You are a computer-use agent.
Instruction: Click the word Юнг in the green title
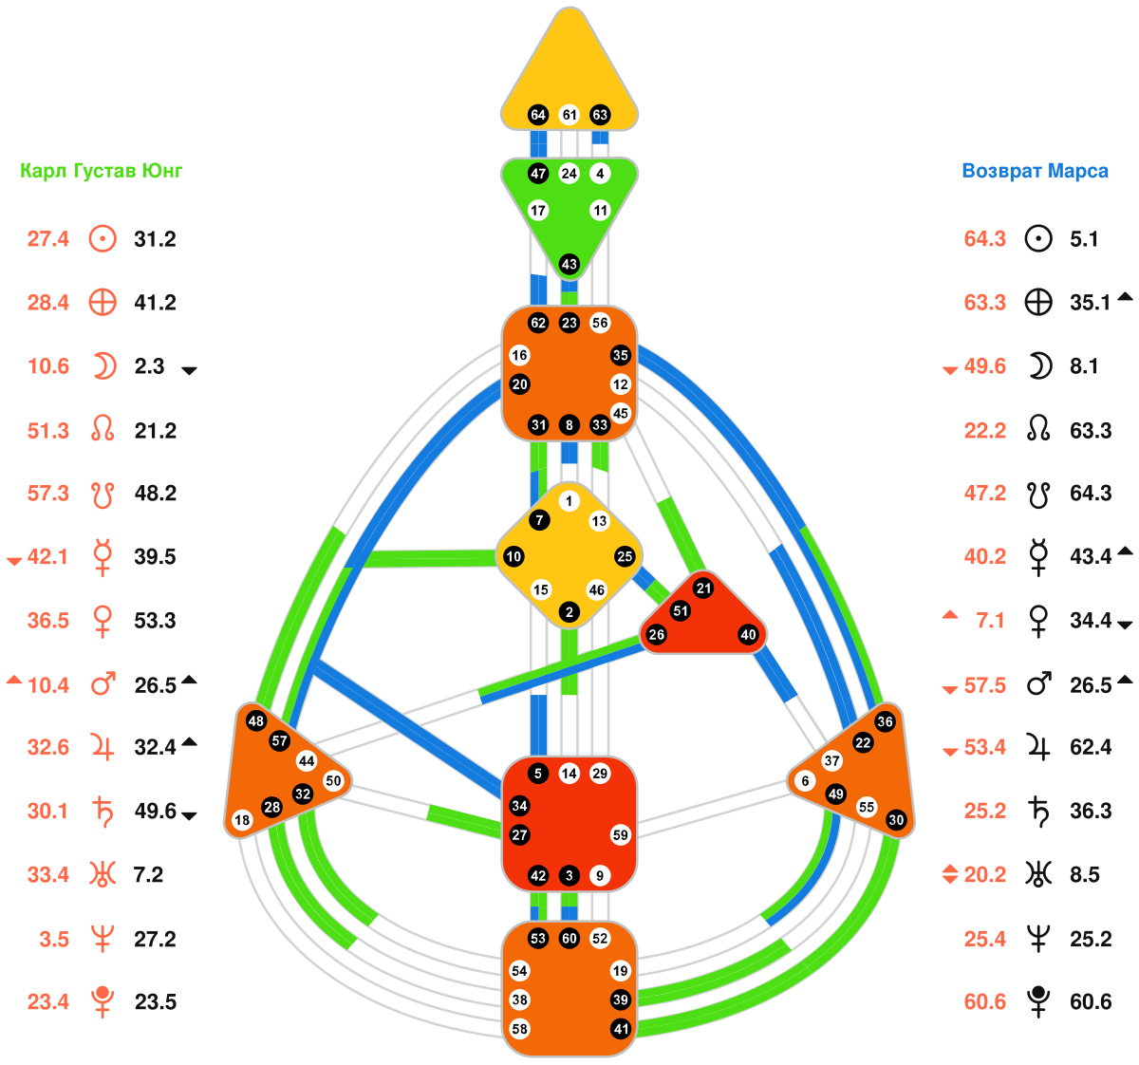pyautogui.click(x=161, y=172)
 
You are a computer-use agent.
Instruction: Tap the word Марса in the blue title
pyautogui.click(x=1078, y=172)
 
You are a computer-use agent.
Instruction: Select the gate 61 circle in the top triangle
pyautogui.click(x=569, y=115)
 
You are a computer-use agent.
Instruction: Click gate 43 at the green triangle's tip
pyautogui.click(x=569, y=264)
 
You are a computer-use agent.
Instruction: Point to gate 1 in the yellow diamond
pyautogui.click(x=569, y=501)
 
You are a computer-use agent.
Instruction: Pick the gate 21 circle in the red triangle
pyautogui.click(x=703, y=589)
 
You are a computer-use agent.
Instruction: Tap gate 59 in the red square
pyautogui.click(x=621, y=835)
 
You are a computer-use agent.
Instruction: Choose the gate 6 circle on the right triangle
pyautogui.click(x=806, y=781)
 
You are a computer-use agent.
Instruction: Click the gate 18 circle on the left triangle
pyautogui.click(x=242, y=820)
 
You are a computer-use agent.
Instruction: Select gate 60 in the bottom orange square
pyautogui.click(x=569, y=939)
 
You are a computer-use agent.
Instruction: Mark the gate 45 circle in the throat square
pyautogui.click(x=621, y=413)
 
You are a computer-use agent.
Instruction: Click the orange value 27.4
pyautogui.click(x=48, y=239)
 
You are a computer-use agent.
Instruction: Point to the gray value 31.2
pyautogui.click(x=155, y=239)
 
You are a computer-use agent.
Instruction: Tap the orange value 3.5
pyautogui.click(x=55, y=940)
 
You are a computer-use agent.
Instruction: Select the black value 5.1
pyautogui.click(x=1084, y=239)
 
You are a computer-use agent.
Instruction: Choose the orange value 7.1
pyautogui.click(x=990, y=621)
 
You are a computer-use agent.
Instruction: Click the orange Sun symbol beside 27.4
pyautogui.click(x=103, y=238)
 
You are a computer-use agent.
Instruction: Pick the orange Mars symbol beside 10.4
pyautogui.click(x=103, y=683)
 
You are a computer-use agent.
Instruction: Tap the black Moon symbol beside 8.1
pyautogui.click(x=1040, y=366)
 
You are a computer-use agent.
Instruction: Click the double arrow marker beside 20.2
pyautogui.click(x=950, y=874)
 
